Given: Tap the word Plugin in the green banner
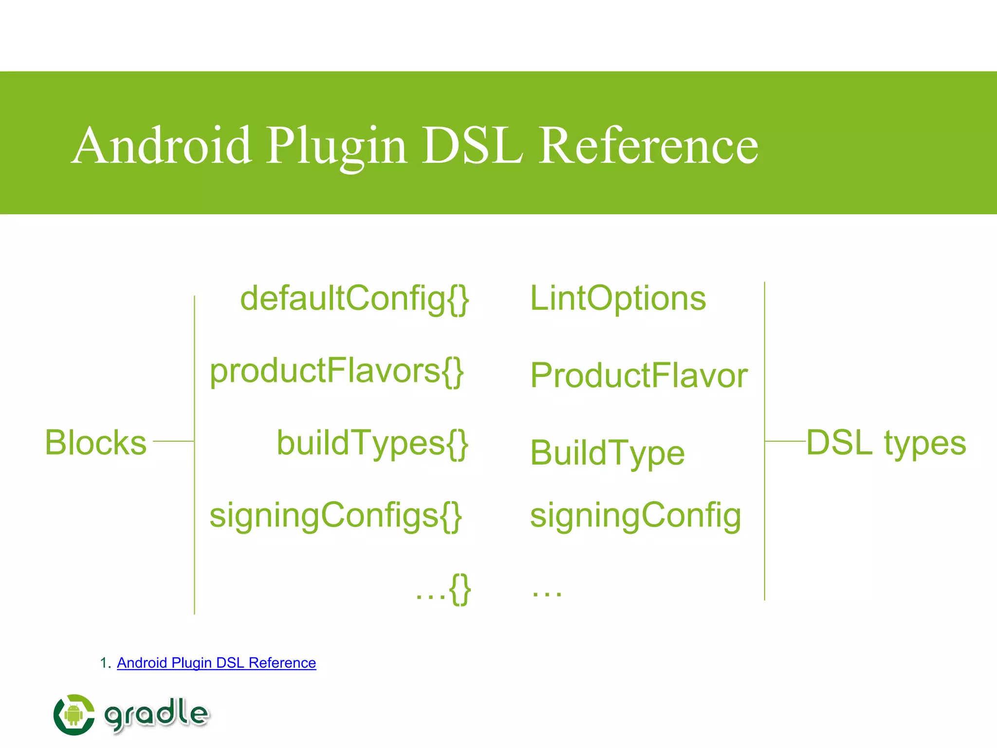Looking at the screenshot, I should (336, 146).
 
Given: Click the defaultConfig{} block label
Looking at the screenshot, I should (354, 298).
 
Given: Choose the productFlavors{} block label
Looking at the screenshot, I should (336, 371).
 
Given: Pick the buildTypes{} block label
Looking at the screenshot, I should (372, 443).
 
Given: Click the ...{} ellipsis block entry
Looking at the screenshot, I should (443, 589).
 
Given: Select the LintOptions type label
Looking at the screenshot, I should (618, 298).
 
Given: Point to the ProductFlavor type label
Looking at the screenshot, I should (639, 375).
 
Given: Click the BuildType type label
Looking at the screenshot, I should (607, 453).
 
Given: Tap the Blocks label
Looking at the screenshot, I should (95, 443).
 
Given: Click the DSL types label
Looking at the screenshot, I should (886, 443).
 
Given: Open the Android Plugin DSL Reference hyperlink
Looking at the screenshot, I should (216, 663).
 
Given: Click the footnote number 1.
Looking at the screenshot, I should (103, 663).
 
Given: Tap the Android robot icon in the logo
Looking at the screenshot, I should (74, 714).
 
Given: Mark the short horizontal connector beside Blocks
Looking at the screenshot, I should (173, 441).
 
